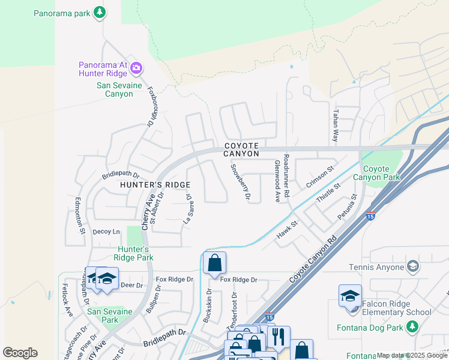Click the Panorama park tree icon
tap(100, 11)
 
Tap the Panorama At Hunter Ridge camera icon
tap(136, 67)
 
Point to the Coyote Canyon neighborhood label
tap(242, 150)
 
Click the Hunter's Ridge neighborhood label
tap(155, 185)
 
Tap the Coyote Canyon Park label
tap(382, 173)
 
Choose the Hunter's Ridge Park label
tap(131, 253)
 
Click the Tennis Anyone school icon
tap(413, 266)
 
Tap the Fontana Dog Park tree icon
tap(412, 326)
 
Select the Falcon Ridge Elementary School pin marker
tap(350, 296)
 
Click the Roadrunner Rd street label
tap(286, 175)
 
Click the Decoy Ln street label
tap(107, 232)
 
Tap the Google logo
tap(20, 353)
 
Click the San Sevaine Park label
tap(109, 316)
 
